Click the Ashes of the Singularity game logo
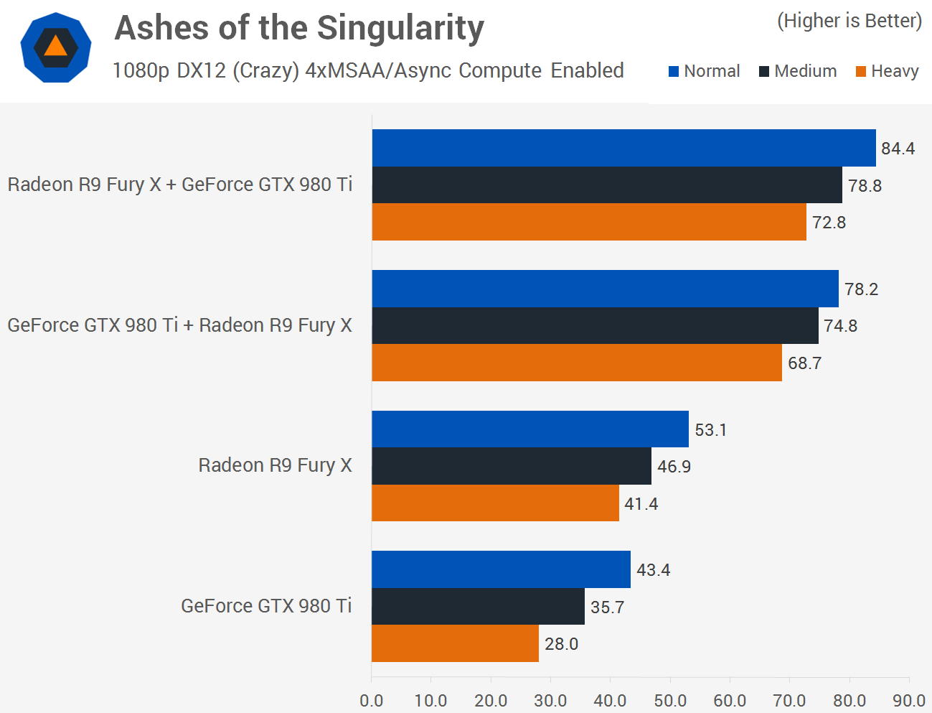click(56, 47)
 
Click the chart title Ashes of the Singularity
click(299, 29)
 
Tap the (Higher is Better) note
click(849, 21)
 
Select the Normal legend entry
click(704, 71)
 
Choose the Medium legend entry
click(798, 71)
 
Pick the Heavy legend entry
click(887, 71)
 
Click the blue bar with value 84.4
click(623, 148)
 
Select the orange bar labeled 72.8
click(589, 222)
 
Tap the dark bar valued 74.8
click(595, 325)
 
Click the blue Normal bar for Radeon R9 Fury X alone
click(530, 429)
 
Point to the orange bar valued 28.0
click(455, 643)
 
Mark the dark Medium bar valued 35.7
click(478, 606)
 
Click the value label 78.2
click(861, 289)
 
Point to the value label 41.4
click(641, 504)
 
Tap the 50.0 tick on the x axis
click(670, 701)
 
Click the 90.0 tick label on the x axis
click(909, 701)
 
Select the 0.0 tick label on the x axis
click(372, 701)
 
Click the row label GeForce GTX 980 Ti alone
click(266, 606)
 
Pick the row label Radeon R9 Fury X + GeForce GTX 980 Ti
click(180, 185)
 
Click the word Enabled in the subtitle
click(587, 70)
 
